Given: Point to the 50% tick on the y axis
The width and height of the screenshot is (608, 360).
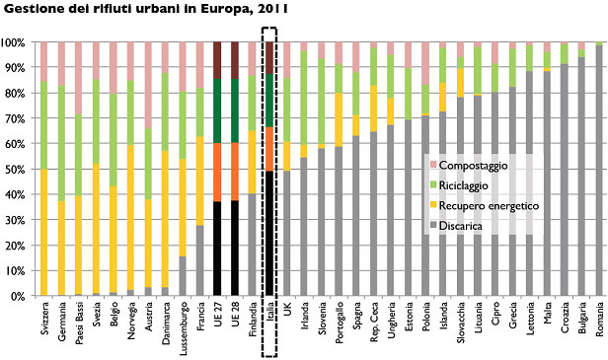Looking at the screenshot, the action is pyautogui.click(x=13, y=170).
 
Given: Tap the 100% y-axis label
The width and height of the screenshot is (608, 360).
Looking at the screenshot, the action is pyautogui.click(x=13, y=42).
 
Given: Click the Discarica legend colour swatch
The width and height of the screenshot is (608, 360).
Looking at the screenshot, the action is pyautogui.click(x=433, y=226).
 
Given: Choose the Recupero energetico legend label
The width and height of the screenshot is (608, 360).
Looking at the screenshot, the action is pyautogui.click(x=489, y=205).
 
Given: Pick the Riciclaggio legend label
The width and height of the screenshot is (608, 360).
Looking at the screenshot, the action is pyautogui.click(x=463, y=185).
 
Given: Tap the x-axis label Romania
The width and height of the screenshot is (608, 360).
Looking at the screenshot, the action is pyautogui.click(x=599, y=318).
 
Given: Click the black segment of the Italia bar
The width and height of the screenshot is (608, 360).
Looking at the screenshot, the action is pyautogui.click(x=269, y=234).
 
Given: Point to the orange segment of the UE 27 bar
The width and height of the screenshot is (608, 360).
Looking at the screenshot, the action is pyautogui.click(x=217, y=173).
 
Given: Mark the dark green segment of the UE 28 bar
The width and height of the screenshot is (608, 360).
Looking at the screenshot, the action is pyautogui.click(x=235, y=110).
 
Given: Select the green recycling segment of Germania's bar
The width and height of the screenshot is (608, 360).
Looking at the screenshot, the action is pyautogui.click(x=61, y=143).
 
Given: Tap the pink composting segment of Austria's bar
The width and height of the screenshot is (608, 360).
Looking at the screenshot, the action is pyautogui.click(x=148, y=85).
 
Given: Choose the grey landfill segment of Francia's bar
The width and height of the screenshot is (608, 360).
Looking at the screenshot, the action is pyautogui.click(x=199, y=260).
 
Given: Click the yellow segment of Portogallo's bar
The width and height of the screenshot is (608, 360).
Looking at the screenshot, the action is pyautogui.click(x=339, y=119).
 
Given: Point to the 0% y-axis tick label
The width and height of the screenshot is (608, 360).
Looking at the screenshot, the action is pyautogui.click(x=16, y=297).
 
